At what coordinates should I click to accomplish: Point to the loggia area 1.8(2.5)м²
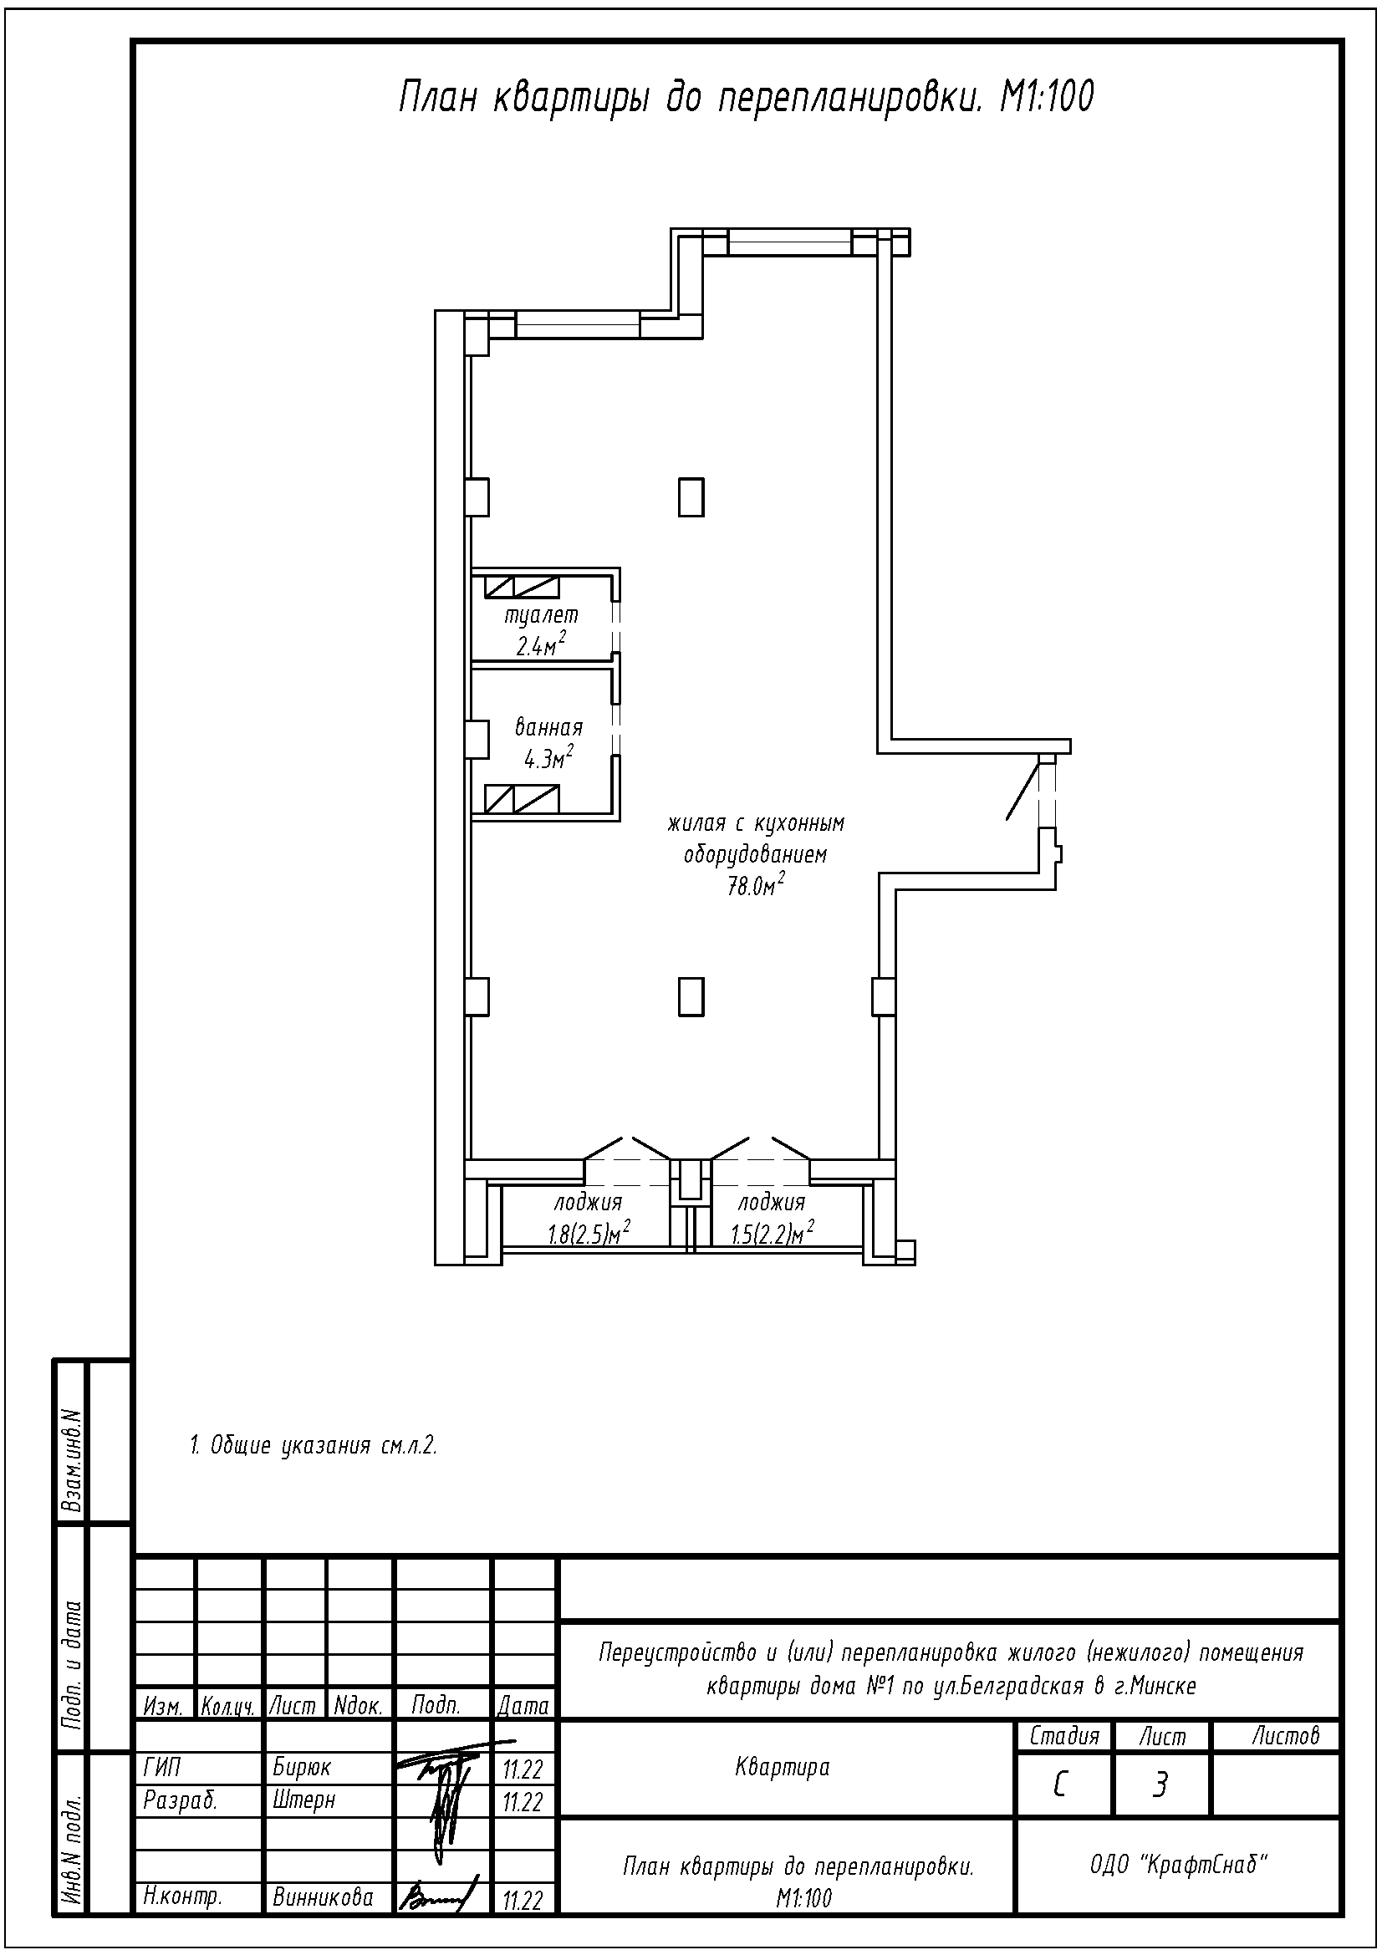click(x=589, y=1233)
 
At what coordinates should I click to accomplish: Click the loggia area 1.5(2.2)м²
click(x=773, y=1233)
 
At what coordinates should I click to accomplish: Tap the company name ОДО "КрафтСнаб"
click(x=1179, y=1866)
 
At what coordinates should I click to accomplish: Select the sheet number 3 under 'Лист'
click(x=1160, y=1785)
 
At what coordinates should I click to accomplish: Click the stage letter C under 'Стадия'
click(x=1060, y=1785)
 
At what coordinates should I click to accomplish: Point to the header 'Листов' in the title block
click(x=1286, y=1735)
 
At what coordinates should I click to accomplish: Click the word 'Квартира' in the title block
click(x=782, y=1768)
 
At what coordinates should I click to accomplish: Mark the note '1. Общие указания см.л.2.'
click(x=314, y=1445)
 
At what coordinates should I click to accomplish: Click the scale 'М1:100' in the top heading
click(x=1047, y=98)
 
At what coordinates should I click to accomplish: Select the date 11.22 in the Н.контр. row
click(x=523, y=1900)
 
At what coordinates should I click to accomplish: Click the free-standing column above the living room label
click(x=691, y=497)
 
